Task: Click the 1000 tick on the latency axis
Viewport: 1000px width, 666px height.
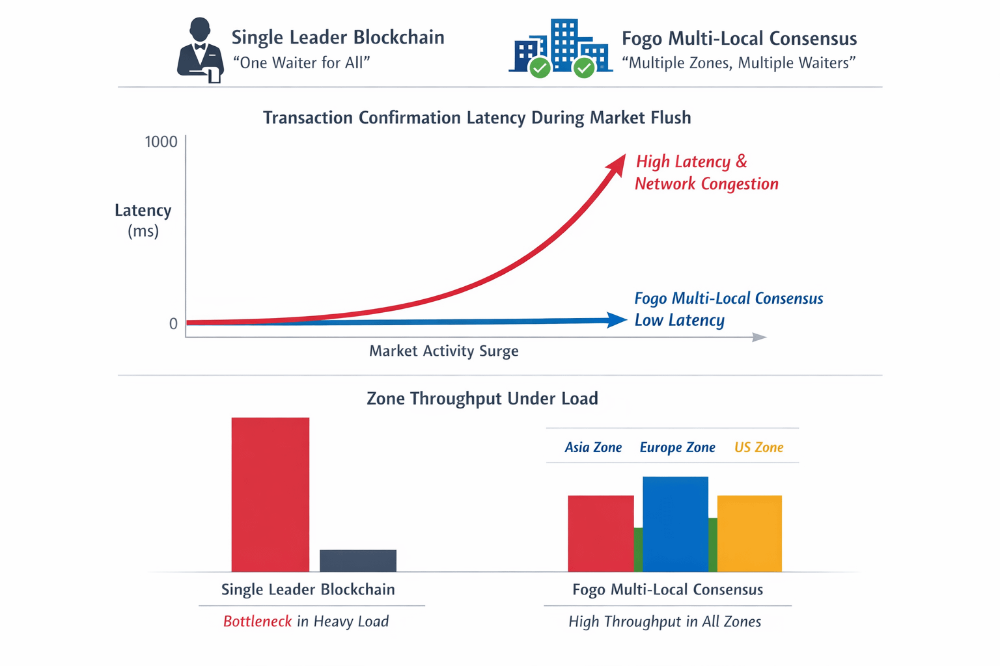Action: point(161,142)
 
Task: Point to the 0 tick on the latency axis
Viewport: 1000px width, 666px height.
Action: point(173,324)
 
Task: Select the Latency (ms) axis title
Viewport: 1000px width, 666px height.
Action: point(143,220)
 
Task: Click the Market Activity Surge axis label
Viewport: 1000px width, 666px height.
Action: point(443,351)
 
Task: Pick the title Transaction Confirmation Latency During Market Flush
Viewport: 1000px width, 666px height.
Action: point(477,118)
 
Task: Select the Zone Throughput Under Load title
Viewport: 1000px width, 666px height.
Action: point(482,399)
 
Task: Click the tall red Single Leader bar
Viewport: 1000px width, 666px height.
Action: point(270,494)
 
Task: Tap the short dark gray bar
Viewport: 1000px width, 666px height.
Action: point(357,561)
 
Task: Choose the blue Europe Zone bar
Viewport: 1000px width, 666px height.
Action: point(675,524)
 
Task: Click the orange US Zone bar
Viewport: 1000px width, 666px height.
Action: point(749,533)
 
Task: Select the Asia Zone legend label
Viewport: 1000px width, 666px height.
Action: point(593,447)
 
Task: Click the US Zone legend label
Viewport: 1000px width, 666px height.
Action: point(758,447)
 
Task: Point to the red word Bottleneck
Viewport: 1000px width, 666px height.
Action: point(257,622)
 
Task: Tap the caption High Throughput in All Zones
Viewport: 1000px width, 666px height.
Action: point(665,622)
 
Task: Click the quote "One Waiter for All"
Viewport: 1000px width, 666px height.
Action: point(301,63)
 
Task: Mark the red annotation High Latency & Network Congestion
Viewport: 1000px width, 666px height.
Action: point(706,173)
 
